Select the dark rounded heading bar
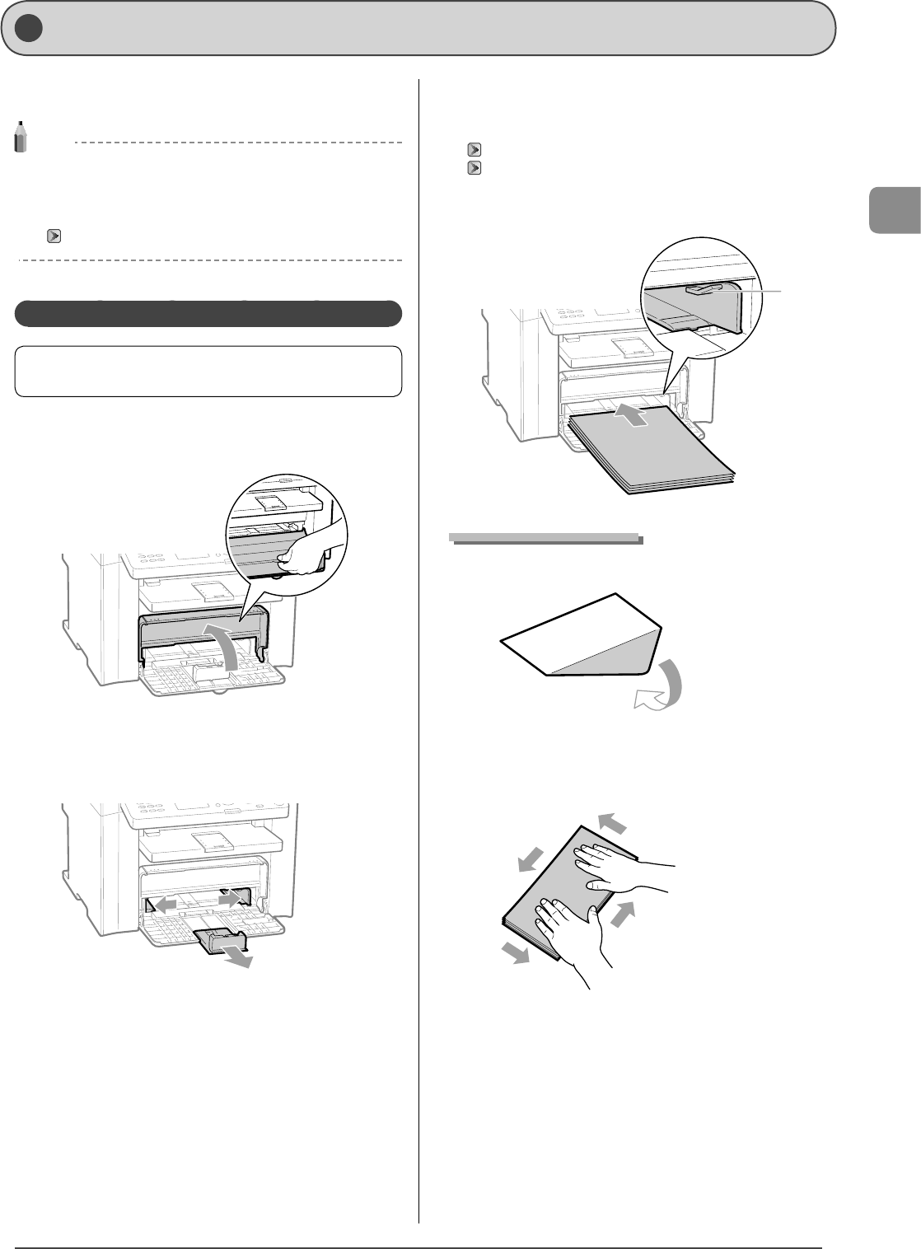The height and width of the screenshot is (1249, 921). coord(208,314)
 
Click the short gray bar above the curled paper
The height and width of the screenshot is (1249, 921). coord(545,538)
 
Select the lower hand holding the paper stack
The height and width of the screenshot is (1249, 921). coord(568,931)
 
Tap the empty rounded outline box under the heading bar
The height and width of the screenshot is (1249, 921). coord(208,372)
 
